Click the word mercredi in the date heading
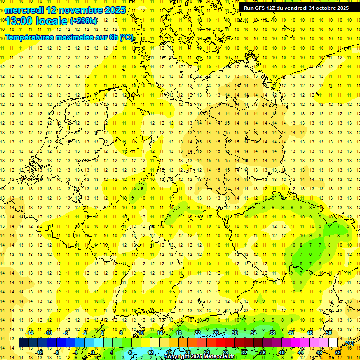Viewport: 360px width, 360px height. [24, 10]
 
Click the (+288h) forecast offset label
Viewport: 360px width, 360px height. [83, 21]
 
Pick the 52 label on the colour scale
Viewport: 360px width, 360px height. [338, 352]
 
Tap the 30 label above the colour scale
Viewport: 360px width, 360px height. [235, 333]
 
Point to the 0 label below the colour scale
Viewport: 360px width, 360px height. [93, 352]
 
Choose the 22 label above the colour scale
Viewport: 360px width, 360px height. [197, 333]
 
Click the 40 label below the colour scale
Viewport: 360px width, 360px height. [281, 352]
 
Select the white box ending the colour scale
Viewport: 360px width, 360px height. [333, 343]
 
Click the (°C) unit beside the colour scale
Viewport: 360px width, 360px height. [348, 343]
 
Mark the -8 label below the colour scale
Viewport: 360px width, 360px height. [56, 352]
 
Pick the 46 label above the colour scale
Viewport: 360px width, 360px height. [310, 333]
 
